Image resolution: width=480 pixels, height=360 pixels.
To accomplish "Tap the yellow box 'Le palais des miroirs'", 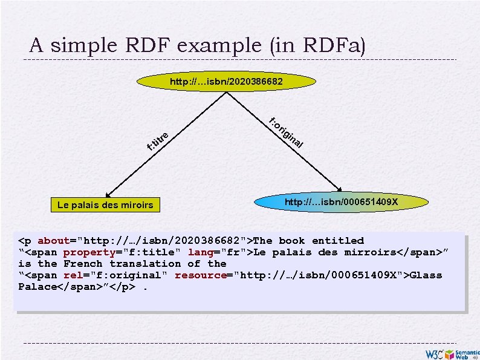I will click(105, 205).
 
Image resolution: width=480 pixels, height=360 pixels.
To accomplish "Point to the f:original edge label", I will click(286, 133).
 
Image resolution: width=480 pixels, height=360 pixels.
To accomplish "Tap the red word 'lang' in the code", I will click(200, 252).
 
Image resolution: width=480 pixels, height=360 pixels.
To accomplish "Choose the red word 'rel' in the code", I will click(73, 275).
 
